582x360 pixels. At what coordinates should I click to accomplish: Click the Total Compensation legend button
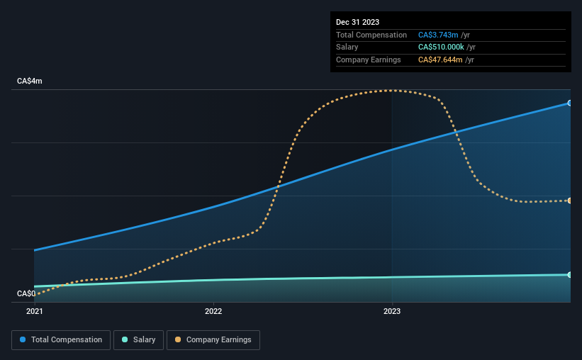(x=61, y=340)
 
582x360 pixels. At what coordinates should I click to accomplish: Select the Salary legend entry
(x=138, y=340)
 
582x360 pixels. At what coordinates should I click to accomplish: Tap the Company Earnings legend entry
(x=213, y=340)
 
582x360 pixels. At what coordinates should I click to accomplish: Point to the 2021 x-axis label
(x=35, y=311)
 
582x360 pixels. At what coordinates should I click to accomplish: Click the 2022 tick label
(x=213, y=311)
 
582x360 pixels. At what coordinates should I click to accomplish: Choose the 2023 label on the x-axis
(x=392, y=311)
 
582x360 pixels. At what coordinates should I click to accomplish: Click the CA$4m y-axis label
(x=30, y=81)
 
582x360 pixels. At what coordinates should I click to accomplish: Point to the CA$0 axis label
(x=26, y=293)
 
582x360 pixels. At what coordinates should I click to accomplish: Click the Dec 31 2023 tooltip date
(x=357, y=22)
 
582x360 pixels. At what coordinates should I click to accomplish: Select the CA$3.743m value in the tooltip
(x=438, y=35)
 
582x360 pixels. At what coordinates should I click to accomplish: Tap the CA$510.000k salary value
(x=441, y=47)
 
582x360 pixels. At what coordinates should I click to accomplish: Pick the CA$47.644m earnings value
(x=440, y=60)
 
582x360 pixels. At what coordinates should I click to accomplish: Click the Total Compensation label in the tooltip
(x=371, y=35)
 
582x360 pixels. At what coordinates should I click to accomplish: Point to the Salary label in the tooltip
(x=347, y=47)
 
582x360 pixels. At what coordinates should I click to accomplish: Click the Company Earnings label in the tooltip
(x=368, y=60)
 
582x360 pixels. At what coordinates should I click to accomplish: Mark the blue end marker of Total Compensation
(x=569, y=103)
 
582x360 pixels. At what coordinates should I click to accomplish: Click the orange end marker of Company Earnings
(x=569, y=201)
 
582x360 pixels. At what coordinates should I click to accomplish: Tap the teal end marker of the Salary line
(x=569, y=275)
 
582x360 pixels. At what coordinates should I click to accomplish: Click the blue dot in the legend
(x=23, y=339)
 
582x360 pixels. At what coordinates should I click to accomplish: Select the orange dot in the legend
(x=178, y=339)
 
